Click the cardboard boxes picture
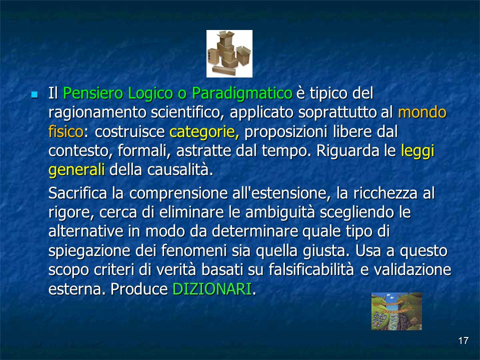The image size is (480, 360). [229, 53]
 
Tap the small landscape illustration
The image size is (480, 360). [396, 311]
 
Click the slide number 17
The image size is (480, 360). [463, 340]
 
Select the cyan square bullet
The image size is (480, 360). [34, 94]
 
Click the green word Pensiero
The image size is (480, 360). [93, 93]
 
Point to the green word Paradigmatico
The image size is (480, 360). [242, 94]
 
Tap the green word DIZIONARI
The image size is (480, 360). [212, 288]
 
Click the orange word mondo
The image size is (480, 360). [422, 112]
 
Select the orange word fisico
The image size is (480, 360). [66, 131]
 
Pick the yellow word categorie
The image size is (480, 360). [204, 131]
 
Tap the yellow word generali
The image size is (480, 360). [76, 170]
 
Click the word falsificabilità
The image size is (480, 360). [311, 269]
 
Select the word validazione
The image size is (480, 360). [412, 269]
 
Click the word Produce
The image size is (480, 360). [139, 288]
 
